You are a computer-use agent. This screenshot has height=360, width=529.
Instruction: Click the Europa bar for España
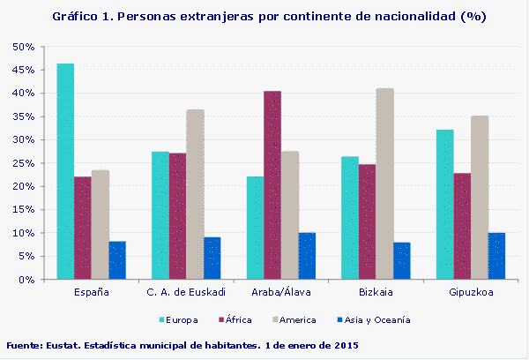pyautogui.click(x=65, y=171)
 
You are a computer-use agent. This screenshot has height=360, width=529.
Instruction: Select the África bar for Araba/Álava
pyautogui.click(x=272, y=185)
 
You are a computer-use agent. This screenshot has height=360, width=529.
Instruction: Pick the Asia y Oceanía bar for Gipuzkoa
pyautogui.click(x=496, y=256)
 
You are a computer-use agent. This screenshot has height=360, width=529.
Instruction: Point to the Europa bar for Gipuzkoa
pyautogui.click(x=444, y=205)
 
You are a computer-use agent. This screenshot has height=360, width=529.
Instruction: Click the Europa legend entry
pyautogui.click(x=182, y=319)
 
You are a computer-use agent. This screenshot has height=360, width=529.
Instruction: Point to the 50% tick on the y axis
pyautogui.click(x=23, y=47)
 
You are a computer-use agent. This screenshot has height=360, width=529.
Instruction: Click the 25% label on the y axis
pyautogui.click(x=23, y=163)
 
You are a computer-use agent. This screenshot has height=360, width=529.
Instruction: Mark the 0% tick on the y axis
pyautogui.click(x=26, y=280)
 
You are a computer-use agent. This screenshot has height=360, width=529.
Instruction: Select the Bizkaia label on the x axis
pyautogui.click(x=376, y=292)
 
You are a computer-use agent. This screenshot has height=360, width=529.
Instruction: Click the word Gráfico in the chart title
pyautogui.click(x=75, y=17)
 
